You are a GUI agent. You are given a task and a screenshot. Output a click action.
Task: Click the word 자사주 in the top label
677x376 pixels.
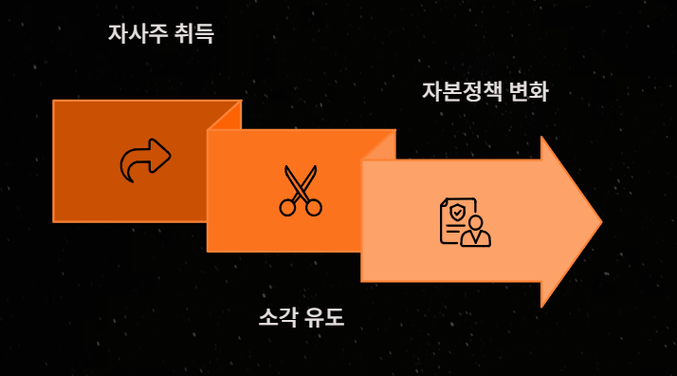137,33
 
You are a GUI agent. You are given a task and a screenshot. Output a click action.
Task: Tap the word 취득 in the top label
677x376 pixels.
194,33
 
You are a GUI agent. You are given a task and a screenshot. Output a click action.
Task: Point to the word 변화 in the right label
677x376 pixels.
529,91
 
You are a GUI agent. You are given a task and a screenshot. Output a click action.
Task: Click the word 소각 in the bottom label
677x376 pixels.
278,317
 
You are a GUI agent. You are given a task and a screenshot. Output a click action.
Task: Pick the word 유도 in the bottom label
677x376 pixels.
324,317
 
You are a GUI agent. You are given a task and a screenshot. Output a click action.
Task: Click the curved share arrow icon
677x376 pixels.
145,160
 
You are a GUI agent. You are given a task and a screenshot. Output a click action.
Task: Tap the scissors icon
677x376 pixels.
301,191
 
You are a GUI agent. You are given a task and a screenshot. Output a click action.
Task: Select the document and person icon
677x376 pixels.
465,222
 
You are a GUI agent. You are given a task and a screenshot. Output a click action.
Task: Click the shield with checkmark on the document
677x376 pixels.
457,212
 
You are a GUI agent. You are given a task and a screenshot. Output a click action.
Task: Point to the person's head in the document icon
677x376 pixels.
475,222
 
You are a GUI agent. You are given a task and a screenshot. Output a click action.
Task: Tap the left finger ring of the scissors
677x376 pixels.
287,207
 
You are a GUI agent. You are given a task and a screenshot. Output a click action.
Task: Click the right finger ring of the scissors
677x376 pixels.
314,207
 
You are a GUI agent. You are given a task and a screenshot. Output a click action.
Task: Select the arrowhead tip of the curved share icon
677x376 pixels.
171,156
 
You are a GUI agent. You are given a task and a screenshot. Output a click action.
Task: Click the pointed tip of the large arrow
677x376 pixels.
602,221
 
